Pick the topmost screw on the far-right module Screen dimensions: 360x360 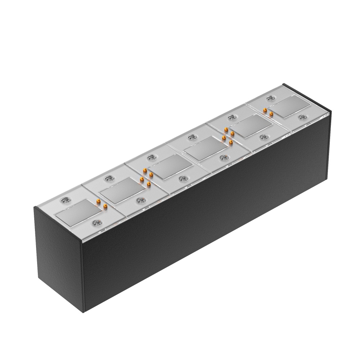(270, 98)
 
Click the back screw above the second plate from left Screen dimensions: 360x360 (108, 178)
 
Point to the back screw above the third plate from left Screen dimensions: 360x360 (152, 157)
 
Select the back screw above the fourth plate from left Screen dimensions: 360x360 (193, 137)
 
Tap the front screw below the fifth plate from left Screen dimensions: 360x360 (264, 137)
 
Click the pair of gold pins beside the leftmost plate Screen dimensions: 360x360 (101, 203)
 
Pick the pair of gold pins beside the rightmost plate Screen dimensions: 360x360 (268, 112)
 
